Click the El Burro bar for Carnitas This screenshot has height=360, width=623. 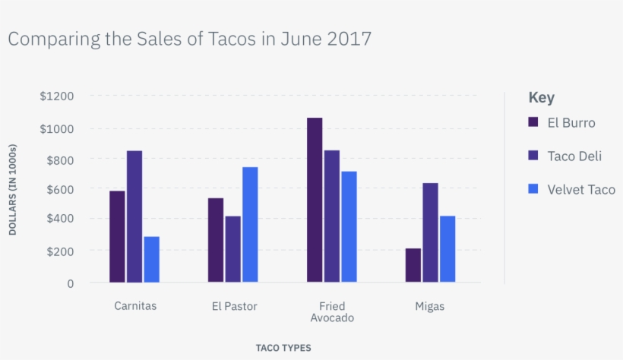117,236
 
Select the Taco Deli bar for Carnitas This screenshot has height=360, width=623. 134,216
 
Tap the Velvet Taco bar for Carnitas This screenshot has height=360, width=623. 151,259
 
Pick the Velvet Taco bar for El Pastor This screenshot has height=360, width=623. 250,225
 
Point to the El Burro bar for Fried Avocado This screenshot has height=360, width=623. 315,200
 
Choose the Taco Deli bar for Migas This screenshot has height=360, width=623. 430,232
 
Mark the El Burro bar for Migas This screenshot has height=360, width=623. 413,265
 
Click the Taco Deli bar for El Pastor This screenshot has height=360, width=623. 232,249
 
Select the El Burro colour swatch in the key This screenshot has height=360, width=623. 533,122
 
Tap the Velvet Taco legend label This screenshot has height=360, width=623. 581,189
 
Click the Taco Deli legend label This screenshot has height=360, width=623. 574,156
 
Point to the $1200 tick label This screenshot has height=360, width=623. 57,96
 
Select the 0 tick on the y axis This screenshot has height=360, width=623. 71,283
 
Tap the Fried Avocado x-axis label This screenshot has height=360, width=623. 332,312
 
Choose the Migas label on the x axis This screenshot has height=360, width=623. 429,307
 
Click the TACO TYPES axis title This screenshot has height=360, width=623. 283,348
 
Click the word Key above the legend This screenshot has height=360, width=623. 541,98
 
